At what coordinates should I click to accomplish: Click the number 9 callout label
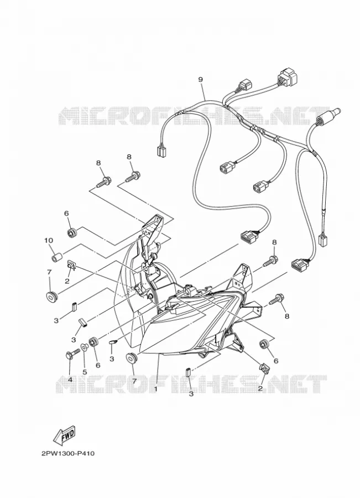tap(200, 79)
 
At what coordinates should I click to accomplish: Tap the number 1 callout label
tap(156, 388)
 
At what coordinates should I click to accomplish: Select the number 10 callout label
tap(49, 241)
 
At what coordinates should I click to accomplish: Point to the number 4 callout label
tap(70, 380)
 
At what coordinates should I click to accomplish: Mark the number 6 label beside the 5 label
tap(98, 365)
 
